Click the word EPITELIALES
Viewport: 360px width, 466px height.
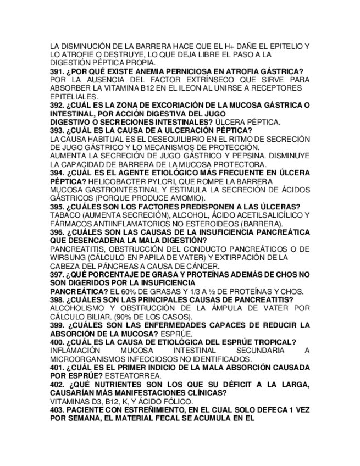pos(74,97)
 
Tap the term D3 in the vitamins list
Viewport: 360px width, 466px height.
pos(96,401)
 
